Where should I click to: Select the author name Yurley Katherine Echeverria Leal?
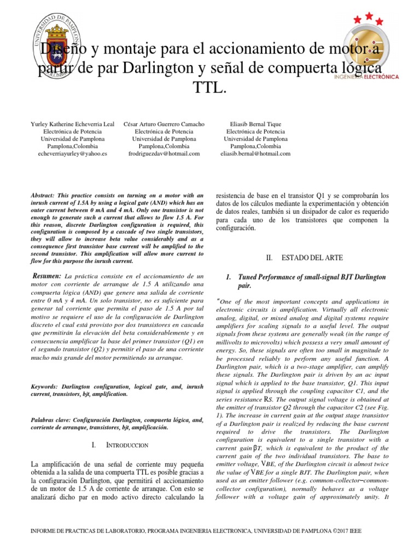point(73,124)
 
